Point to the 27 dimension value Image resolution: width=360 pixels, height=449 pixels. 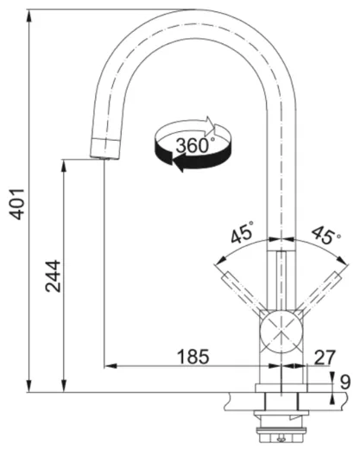click(x=323, y=355)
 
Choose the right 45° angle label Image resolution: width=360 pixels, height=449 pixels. click(x=324, y=235)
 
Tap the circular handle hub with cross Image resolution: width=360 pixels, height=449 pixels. click(x=282, y=330)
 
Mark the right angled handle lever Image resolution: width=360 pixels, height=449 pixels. click(x=321, y=289)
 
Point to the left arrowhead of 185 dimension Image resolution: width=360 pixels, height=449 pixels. click(x=109, y=365)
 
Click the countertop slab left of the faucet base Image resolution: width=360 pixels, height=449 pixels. click(x=242, y=398)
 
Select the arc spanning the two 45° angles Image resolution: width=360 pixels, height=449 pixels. click(x=282, y=242)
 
